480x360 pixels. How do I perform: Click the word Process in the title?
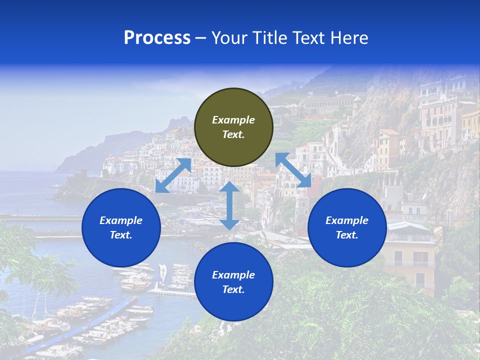[157, 38]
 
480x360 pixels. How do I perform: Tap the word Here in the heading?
[349, 38]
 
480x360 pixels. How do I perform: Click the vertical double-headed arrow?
[229, 205]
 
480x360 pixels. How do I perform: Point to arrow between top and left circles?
[173, 175]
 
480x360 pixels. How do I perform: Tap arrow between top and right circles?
[293, 170]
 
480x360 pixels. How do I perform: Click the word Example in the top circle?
[233, 120]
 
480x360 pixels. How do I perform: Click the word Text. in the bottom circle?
[233, 289]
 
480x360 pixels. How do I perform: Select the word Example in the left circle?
[121, 220]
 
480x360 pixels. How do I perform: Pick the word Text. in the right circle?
[347, 235]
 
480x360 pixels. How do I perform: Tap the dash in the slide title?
[201, 38]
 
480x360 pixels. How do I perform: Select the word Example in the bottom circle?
[233, 275]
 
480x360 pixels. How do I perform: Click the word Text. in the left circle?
[121, 235]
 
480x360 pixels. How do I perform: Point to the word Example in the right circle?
[347, 220]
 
